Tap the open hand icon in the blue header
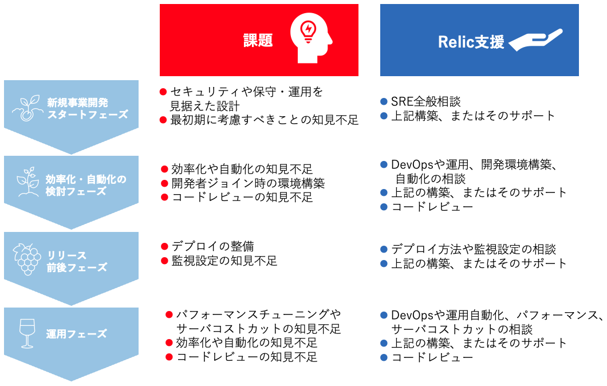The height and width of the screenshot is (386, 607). [535, 40]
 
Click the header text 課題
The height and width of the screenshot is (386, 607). [258, 40]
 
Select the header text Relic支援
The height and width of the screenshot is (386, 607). [471, 42]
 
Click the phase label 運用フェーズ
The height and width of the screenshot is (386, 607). [77, 334]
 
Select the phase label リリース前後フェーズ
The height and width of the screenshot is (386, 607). [77, 261]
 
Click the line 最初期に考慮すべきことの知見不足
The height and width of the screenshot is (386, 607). [264, 120]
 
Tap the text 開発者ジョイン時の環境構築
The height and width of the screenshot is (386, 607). [248, 183]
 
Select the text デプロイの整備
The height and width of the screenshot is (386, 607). [212, 247]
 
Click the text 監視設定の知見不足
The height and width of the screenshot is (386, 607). [224, 261]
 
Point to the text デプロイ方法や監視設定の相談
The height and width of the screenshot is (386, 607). [474, 250]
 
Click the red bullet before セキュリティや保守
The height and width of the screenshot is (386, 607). [163, 92]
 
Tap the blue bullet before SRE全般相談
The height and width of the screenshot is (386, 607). [384, 102]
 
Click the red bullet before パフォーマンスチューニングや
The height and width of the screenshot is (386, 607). [169, 315]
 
